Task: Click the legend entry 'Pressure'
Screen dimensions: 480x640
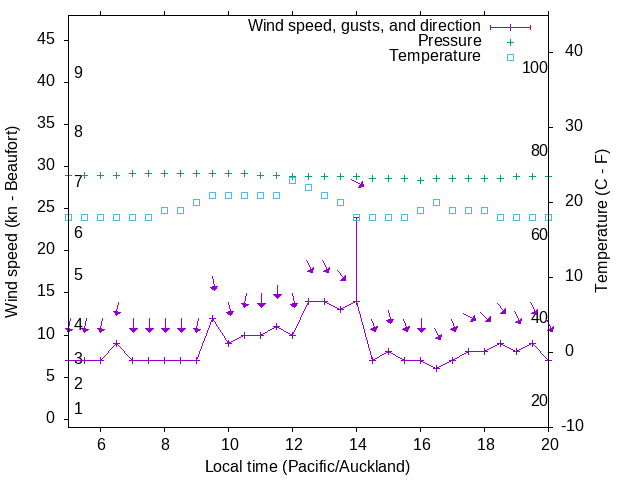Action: click(449, 41)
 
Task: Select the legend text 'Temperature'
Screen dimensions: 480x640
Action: click(435, 56)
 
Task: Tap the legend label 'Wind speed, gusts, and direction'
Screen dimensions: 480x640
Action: click(365, 26)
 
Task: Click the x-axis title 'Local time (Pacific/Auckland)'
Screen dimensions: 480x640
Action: click(307, 466)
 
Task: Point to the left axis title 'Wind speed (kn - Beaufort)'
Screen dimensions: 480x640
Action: click(12, 223)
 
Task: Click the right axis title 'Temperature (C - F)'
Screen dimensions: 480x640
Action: click(601, 223)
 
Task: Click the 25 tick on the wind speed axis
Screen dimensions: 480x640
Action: click(47, 208)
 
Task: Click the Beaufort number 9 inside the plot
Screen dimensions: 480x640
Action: click(78, 73)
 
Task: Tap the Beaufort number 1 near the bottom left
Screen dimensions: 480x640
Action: click(78, 409)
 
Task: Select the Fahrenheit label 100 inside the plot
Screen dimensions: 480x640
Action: click(535, 68)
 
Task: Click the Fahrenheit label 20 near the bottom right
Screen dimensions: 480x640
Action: click(539, 401)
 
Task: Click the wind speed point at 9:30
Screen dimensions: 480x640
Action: click(212, 318)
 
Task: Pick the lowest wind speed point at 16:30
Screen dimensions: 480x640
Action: click(436, 368)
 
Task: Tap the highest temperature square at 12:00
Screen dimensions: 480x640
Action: click(292, 180)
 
